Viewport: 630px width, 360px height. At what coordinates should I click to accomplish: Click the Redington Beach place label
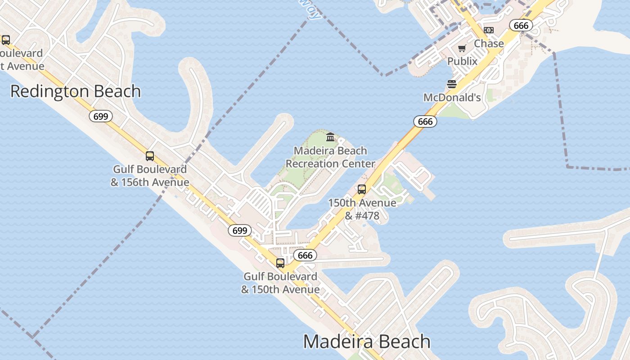(x=76, y=91)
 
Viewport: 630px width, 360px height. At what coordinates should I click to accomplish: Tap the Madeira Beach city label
(x=367, y=342)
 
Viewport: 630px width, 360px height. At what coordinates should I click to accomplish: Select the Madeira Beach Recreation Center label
(x=330, y=157)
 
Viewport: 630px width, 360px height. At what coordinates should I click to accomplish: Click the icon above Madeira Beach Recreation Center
(x=330, y=137)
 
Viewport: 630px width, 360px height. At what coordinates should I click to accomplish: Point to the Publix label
(x=462, y=61)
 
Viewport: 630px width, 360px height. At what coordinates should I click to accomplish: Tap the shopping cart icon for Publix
(x=462, y=48)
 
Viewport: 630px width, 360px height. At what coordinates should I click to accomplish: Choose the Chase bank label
(x=489, y=44)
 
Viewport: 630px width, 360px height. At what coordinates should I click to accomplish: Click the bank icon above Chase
(x=489, y=30)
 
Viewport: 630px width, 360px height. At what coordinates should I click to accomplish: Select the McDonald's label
(x=452, y=98)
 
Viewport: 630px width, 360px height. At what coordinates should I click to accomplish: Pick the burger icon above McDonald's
(x=452, y=84)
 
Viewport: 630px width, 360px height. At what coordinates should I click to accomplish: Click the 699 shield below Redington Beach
(x=101, y=117)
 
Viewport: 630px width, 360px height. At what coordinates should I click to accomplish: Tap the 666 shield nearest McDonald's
(x=425, y=121)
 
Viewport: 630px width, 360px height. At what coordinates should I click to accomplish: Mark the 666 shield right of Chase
(x=521, y=26)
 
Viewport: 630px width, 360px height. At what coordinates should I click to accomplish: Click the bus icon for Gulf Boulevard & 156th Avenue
(x=150, y=156)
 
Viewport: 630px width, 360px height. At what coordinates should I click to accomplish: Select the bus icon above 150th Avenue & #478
(x=362, y=189)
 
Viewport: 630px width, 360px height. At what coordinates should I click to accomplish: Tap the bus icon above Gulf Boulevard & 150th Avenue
(x=280, y=263)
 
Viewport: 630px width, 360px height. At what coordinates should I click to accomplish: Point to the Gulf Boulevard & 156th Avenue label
(x=150, y=176)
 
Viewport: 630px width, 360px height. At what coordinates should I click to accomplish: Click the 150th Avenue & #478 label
(x=362, y=209)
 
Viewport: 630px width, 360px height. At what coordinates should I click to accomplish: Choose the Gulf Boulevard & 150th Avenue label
(x=280, y=283)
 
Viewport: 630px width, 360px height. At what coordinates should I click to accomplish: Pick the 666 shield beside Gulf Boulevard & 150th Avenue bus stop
(x=305, y=256)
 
